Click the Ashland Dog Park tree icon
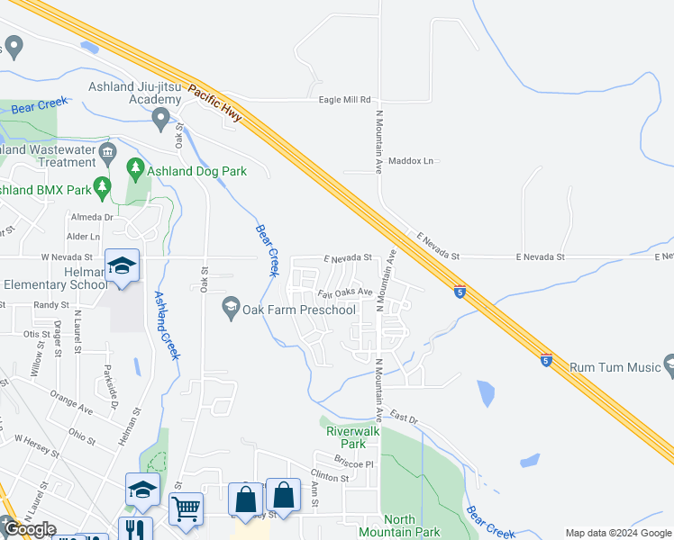(x=135, y=167)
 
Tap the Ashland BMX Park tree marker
(x=102, y=186)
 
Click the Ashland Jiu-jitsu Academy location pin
(x=161, y=117)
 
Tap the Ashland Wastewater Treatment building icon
(x=108, y=151)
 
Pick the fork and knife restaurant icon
(x=135, y=531)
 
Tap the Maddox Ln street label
(x=411, y=161)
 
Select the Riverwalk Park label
(x=347, y=437)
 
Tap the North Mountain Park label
(x=398, y=526)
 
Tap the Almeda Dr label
(x=95, y=218)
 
